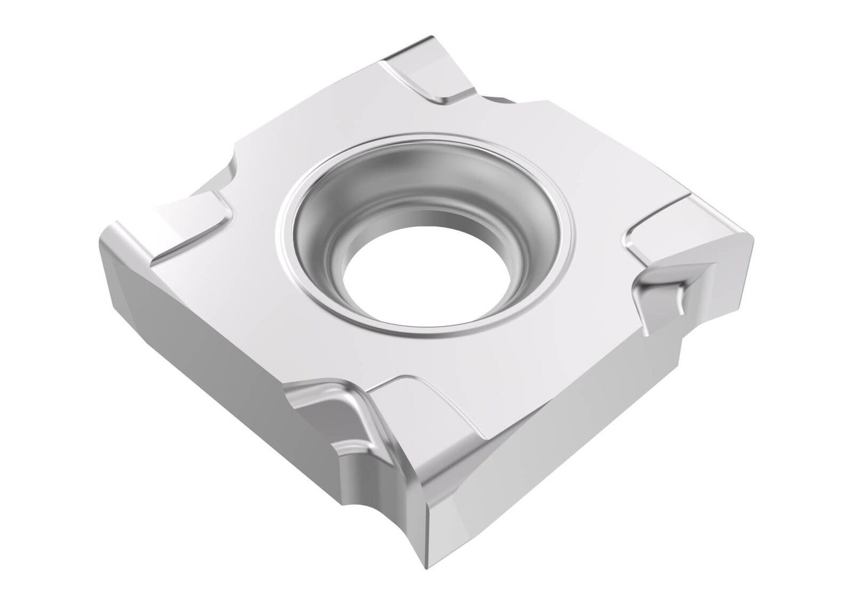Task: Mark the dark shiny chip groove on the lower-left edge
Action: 331,413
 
